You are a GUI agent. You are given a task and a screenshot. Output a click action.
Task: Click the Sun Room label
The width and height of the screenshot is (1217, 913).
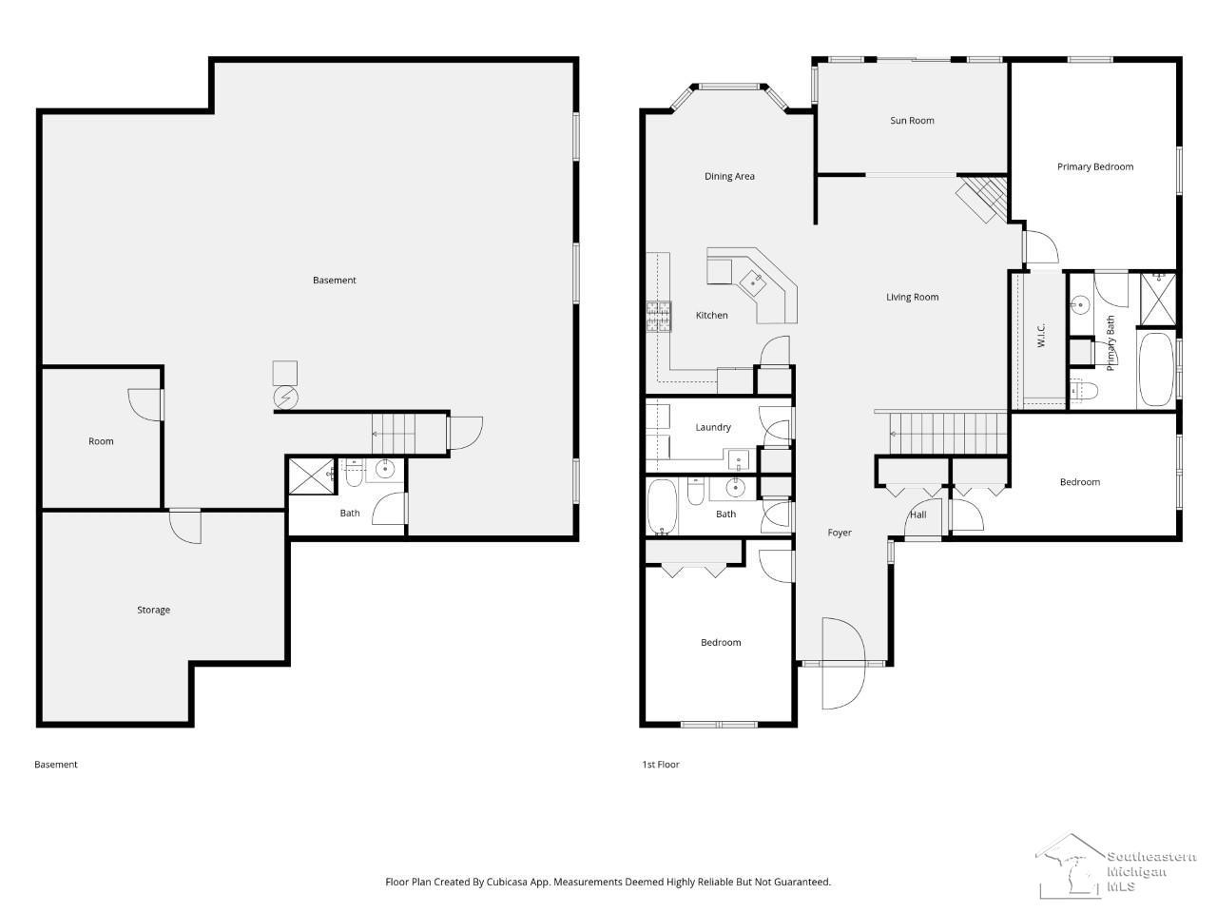[x=912, y=120]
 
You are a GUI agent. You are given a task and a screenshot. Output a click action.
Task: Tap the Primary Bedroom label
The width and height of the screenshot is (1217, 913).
[x=1095, y=166]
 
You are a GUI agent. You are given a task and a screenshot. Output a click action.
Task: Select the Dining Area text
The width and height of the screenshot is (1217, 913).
[x=729, y=176]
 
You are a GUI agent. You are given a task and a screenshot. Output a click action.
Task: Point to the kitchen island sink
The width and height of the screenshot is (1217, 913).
[x=752, y=282]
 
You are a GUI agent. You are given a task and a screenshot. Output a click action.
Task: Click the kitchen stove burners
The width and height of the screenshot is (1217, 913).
[x=659, y=317]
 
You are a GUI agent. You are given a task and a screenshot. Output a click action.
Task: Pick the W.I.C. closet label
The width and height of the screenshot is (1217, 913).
[x=1041, y=336]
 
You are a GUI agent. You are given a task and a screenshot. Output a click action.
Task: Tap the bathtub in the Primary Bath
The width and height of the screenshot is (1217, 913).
[x=1155, y=370]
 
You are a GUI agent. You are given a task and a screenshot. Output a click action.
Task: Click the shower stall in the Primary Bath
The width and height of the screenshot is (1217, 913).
[x=1157, y=300]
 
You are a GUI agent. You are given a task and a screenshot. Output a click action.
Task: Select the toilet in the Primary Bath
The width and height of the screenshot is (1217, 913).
[x=1083, y=391]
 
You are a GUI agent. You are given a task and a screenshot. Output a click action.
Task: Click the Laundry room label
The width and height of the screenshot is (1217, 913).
[x=713, y=427]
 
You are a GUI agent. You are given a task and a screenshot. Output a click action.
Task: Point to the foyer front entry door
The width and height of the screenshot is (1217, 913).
[x=842, y=663]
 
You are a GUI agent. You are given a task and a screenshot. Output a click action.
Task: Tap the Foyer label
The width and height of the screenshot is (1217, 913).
[x=840, y=533]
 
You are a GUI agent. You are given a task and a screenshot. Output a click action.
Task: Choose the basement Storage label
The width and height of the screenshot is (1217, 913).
[x=154, y=610]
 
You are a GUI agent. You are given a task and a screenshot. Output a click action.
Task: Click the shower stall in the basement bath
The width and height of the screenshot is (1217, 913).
[x=312, y=476]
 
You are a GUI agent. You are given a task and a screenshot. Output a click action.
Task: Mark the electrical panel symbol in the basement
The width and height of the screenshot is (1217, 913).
[x=286, y=398]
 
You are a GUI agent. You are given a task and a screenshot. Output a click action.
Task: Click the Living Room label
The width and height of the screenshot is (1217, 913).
[x=912, y=297]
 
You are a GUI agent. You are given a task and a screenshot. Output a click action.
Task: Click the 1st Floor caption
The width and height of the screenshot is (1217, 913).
[x=661, y=765]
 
